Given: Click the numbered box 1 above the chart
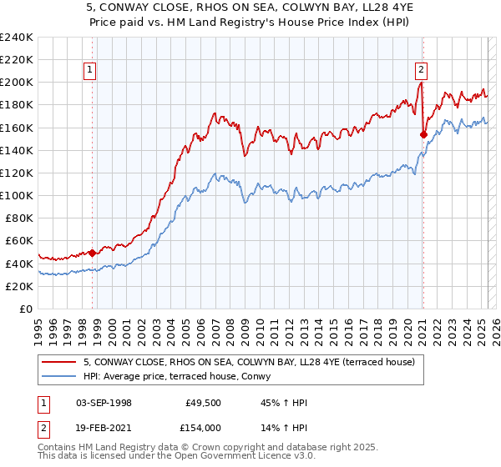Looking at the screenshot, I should [89, 71].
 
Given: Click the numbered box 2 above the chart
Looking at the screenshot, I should [422, 71].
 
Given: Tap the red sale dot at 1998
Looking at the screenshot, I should [92, 253].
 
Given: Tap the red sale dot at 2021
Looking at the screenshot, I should [423, 133].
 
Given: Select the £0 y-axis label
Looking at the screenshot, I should [25, 309].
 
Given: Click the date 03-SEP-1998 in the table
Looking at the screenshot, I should [104, 403].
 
